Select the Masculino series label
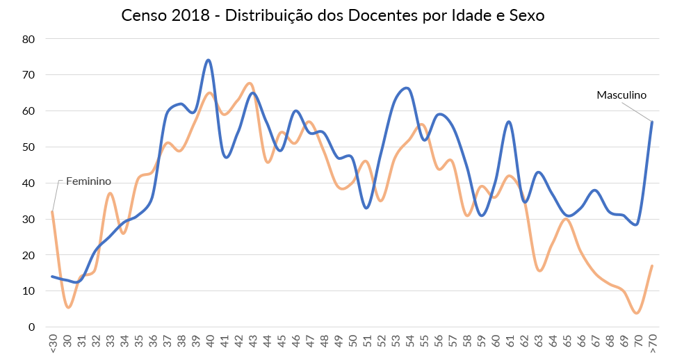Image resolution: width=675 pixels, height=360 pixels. pyautogui.click(x=621, y=95)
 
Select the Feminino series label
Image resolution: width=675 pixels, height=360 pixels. pyautogui.click(x=88, y=181)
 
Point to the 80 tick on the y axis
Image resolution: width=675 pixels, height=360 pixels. pyautogui.click(x=29, y=39)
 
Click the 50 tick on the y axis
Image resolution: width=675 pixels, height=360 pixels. pyautogui.click(x=29, y=147)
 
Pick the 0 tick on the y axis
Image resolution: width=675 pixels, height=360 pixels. pyautogui.click(x=32, y=327)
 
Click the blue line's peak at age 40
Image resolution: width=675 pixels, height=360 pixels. pyautogui.click(x=209, y=60)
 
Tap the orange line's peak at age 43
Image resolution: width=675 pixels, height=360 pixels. pyautogui.click(x=250, y=83)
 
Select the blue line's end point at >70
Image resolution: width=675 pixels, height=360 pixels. pyautogui.click(x=651, y=122)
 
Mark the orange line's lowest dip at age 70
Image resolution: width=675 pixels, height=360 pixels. pyautogui.click(x=637, y=313)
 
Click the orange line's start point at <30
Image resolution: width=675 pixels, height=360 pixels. pyautogui.click(x=52, y=212)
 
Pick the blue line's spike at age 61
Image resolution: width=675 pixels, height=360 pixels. pyautogui.click(x=510, y=122)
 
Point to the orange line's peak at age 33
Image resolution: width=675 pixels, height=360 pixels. pyautogui.click(x=110, y=193)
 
